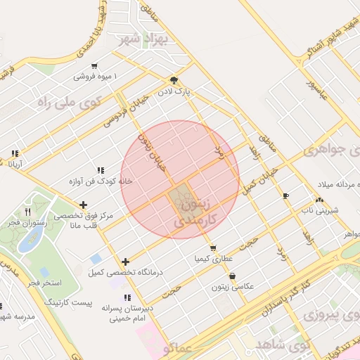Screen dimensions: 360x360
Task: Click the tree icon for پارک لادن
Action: point(174,80)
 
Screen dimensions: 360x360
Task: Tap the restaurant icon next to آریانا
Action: point(15,154)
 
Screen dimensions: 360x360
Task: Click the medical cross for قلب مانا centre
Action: point(84,205)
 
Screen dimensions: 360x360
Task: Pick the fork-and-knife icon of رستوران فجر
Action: point(28,211)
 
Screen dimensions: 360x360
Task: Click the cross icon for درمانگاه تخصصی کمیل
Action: point(125,262)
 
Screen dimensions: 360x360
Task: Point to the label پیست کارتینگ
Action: point(68,301)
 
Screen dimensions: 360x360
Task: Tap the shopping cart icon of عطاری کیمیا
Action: point(213,248)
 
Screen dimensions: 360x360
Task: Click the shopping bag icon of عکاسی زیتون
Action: point(233,276)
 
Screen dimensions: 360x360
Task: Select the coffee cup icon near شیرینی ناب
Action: point(285,195)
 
